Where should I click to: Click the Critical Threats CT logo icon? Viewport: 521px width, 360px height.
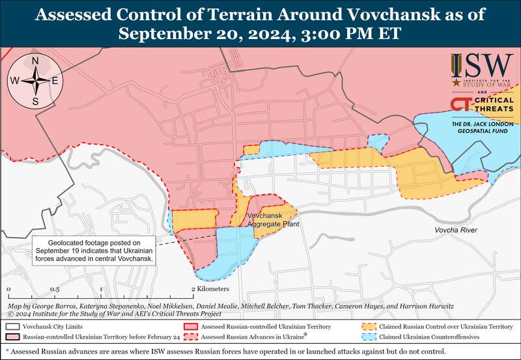click(x=460, y=105)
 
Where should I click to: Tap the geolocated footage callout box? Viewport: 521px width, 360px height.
click(x=95, y=249)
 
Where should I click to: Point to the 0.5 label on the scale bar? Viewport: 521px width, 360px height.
click(x=55, y=288)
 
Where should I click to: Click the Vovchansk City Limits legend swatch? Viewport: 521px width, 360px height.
click(x=12, y=326)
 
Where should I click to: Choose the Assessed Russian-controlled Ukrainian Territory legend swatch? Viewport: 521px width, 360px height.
click(x=190, y=326)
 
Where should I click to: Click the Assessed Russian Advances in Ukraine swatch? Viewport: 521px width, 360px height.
click(x=190, y=338)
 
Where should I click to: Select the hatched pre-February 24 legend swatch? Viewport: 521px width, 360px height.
click(x=12, y=338)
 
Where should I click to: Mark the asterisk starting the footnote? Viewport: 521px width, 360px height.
click(x=7, y=352)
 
